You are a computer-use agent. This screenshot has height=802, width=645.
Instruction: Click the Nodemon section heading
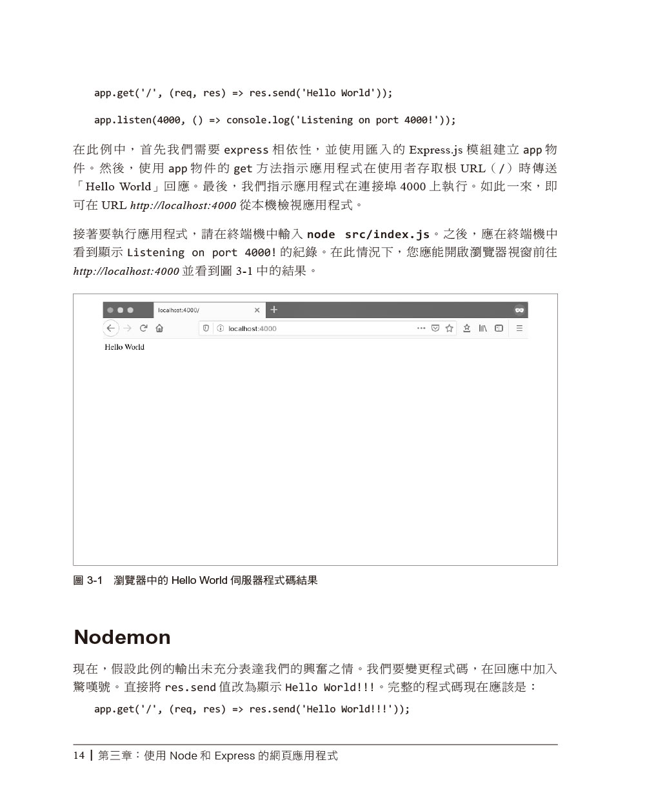coord(122,637)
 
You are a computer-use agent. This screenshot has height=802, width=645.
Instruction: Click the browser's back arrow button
coord(111,328)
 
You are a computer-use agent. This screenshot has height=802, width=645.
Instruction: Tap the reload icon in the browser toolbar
coord(143,328)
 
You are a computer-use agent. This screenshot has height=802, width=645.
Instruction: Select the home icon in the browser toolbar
coord(159,328)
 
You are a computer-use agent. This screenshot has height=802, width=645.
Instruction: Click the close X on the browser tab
coord(257,310)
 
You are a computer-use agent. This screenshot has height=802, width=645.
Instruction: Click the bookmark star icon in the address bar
coord(450,328)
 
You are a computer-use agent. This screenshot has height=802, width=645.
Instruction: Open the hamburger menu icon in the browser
coord(519,328)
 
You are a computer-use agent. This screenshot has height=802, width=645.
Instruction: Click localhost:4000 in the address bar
coord(252,328)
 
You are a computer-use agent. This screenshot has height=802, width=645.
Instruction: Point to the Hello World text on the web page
coord(124,347)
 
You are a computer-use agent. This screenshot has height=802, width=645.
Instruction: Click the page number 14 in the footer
coord(79,756)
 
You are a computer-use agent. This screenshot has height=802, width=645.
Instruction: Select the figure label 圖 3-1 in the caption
coord(88,581)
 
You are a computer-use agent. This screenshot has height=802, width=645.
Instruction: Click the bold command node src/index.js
coord(368,234)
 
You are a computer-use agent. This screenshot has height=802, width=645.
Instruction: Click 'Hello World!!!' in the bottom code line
coord(348,709)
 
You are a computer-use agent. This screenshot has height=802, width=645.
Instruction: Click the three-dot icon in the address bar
coord(421,328)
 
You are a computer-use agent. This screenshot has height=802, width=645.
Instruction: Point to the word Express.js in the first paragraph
coord(435,150)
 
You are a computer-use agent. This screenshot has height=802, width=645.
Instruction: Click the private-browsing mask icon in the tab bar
coord(519,310)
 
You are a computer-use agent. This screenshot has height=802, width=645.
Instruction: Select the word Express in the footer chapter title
coord(235,756)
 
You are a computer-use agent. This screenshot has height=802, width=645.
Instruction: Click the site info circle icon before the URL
coord(220,328)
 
